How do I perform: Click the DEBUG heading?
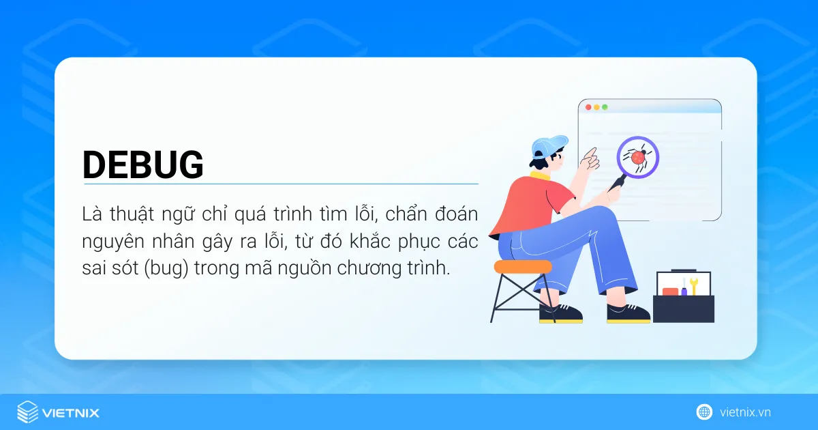pos(143,164)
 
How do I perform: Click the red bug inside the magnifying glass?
pos(638,157)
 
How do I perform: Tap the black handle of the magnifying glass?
pos(618,182)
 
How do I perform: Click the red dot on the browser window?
pos(588,108)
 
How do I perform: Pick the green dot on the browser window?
pos(604,108)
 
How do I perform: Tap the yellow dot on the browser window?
pos(596,108)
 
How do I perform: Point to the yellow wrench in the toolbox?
pos(694,285)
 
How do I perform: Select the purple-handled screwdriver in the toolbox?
pos(683,287)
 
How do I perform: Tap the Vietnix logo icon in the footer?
pos(27,412)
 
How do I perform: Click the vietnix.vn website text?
pos(745,412)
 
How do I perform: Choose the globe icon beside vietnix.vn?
pos(704,412)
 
